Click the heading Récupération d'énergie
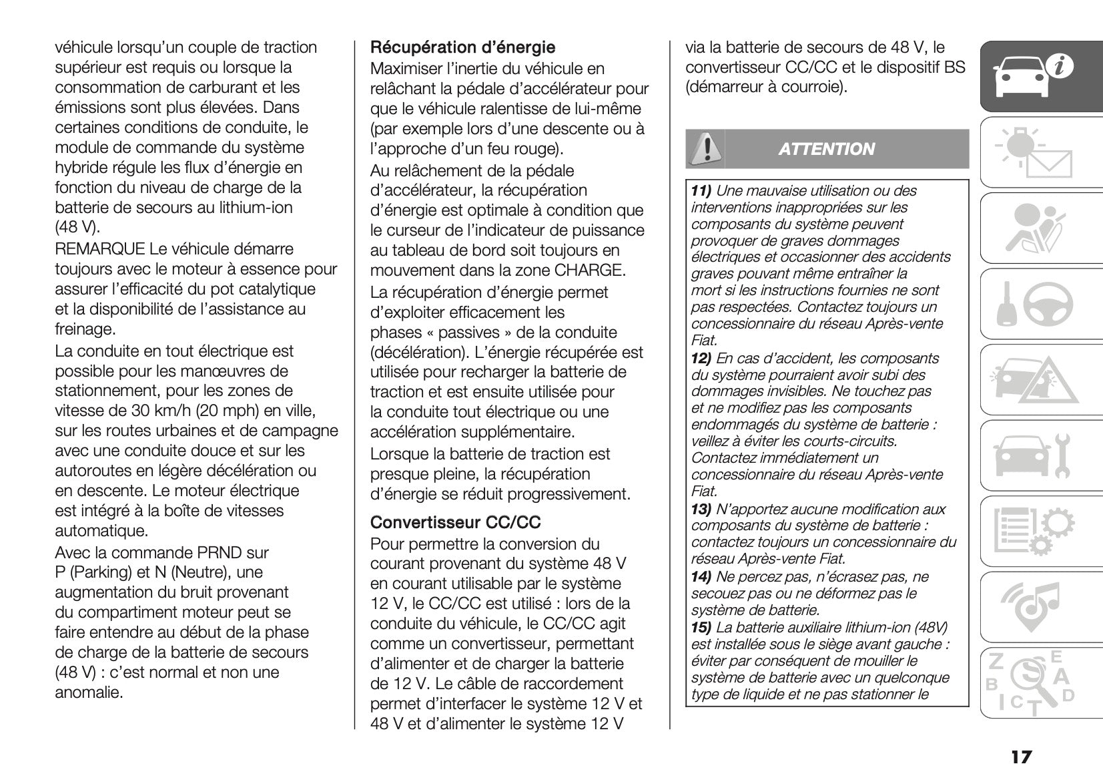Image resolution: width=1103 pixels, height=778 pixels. pyautogui.click(x=462, y=47)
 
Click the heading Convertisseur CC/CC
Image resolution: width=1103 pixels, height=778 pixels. pyautogui.click(x=455, y=522)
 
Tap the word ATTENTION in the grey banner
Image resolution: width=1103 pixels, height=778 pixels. pyautogui.click(x=826, y=149)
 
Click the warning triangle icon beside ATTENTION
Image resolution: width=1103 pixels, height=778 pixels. pyautogui.click(x=705, y=148)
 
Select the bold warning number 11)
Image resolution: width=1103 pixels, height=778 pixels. pyautogui.click(x=701, y=191)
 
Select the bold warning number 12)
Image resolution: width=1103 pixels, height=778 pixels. pyautogui.click(x=701, y=359)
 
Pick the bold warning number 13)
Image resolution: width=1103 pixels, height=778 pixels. pyautogui.click(x=701, y=510)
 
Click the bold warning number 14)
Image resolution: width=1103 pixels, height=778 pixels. pyautogui.click(x=701, y=577)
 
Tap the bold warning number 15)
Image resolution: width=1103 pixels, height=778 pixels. pyautogui.click(x=701, y=628)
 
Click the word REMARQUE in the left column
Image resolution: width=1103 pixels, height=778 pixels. pyautogui.click(x=100, y=249)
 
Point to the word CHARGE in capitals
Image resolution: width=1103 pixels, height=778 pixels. pyautogui.click(x=589, y=270)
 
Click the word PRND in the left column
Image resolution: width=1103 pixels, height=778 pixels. pyautogui.click(x=224, y=553)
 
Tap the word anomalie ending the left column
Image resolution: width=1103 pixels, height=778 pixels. pyautogui.click(x=89, y=693)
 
